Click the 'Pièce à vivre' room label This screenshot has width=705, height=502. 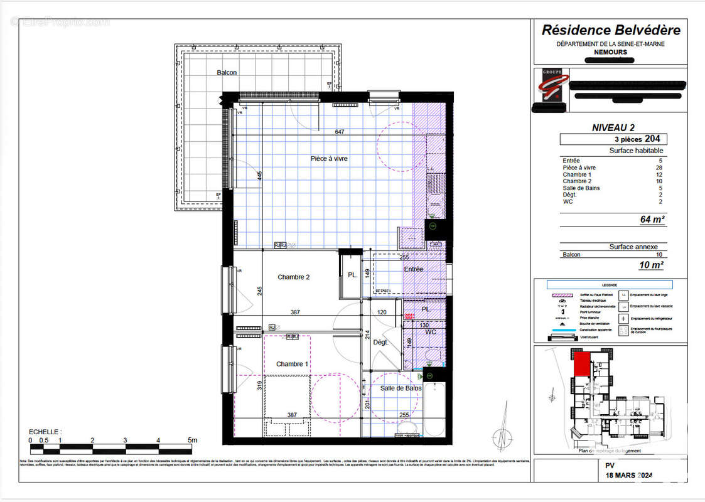(328, 159)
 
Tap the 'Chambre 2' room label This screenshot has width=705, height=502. (294, 277)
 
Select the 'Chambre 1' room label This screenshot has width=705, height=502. (292, 364)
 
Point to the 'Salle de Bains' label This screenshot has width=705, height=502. (401, 388)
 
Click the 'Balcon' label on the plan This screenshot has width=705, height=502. (227, 73)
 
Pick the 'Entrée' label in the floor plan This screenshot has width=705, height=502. (414, 269)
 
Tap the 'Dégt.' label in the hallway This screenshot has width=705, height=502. (381, 343)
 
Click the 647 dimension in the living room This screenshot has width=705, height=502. (340, 132)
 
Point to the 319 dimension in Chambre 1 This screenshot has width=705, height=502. (259, 386)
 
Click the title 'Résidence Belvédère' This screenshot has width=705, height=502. (611, 30)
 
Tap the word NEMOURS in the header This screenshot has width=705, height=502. (610, 52)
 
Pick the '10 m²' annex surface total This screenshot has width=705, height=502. (652, 265)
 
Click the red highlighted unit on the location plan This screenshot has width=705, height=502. (581, 365)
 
